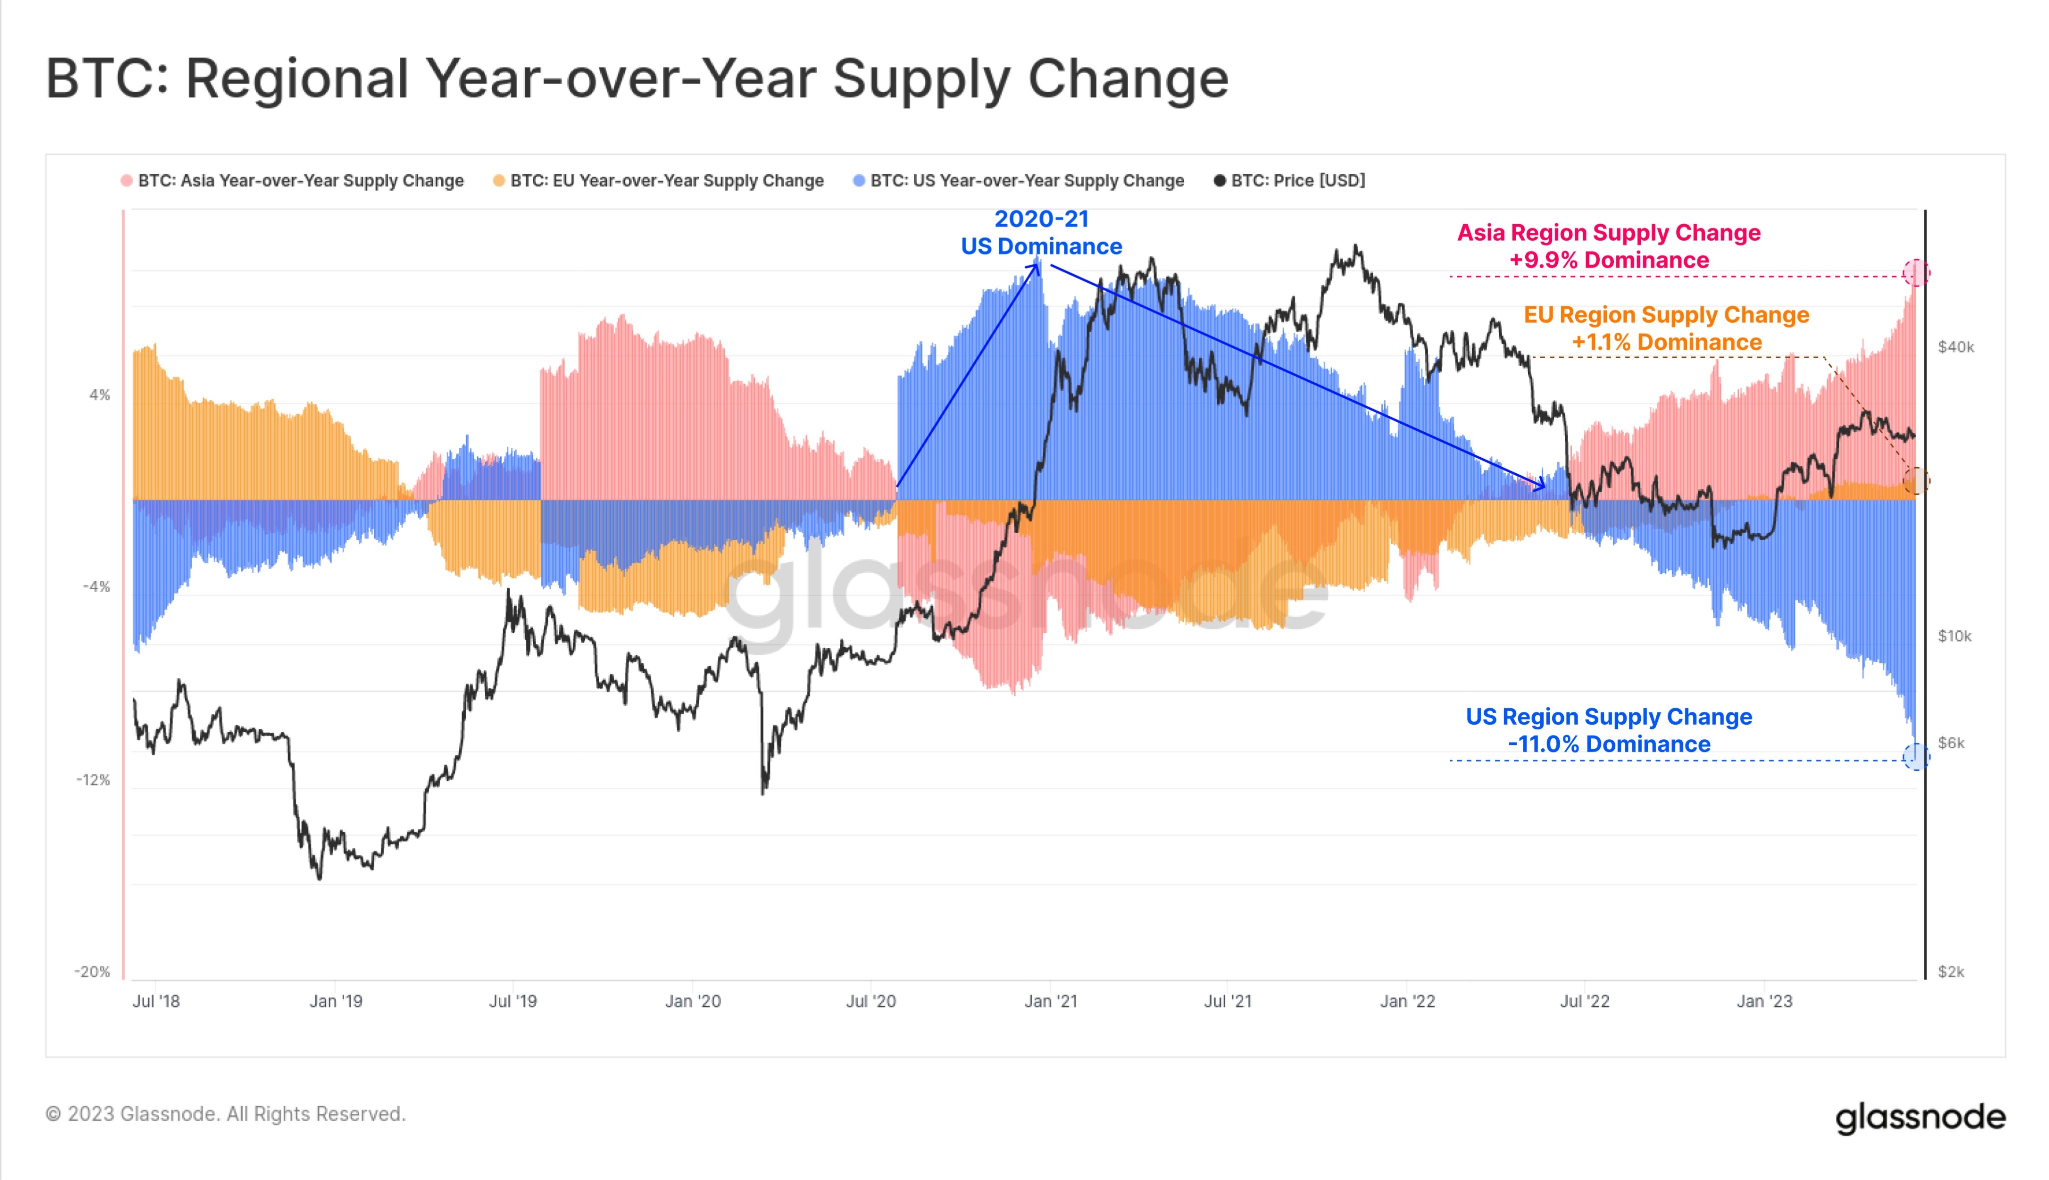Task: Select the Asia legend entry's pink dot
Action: pos(127,181)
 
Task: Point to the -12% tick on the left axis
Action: pos(93,780)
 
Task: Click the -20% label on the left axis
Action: pos(93,972)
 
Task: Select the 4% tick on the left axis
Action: pos(99,395)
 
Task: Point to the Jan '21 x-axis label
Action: pos(1051,1001)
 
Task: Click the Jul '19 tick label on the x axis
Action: pos(513,1001)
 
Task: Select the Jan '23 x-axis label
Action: pos(1764,1001)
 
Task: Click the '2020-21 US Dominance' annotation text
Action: pos(1042,233)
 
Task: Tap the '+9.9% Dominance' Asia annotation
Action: pos(1609,260)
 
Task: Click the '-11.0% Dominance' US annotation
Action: pos(1609,744)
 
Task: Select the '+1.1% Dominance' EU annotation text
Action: pos(1666,342)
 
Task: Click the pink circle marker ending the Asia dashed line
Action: pos(1916,273)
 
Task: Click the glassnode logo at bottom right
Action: pos(1920,1117)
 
